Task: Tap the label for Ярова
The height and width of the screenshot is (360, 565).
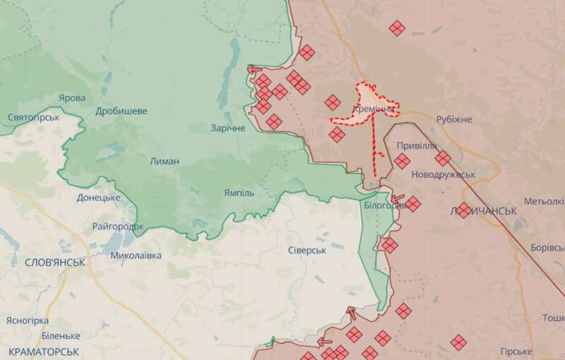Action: pos(71,98)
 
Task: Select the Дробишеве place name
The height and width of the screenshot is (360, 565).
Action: pos(121,111)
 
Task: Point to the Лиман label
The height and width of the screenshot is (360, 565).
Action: pos(165,161)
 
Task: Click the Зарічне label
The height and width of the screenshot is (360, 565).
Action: pos(227,128)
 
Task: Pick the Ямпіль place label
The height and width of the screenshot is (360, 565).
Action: pos(239,192)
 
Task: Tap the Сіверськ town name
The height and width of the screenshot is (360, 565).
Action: pos(307,251)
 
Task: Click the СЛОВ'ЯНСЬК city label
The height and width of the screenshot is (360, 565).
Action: pos(55,262)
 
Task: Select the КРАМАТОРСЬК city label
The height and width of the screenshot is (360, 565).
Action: pos(40,351)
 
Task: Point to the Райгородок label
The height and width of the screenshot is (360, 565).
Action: pos(118,227)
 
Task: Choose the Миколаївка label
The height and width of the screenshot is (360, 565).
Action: pos(136,256)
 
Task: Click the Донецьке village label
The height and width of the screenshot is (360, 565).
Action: pos(98,198)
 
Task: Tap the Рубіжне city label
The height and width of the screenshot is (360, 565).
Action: pos(453,120)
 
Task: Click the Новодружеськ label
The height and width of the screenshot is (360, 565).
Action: pos(443,174)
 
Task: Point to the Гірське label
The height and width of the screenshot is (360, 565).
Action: pos(516,352)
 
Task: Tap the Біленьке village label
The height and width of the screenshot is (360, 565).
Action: pos(61,335)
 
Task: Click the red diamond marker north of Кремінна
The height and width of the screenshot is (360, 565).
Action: pos(398,28)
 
